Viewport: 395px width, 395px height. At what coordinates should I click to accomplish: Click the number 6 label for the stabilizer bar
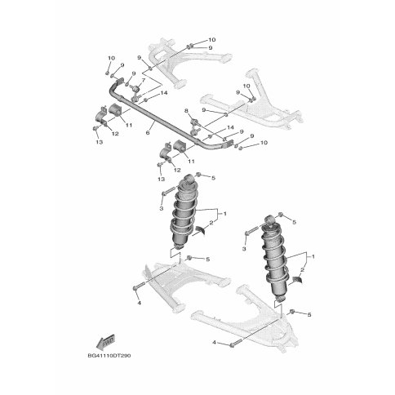(x=148, y=133)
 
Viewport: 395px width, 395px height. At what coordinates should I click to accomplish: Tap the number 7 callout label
(x=143, y=80)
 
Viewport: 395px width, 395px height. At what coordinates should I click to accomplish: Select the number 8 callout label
(x=186, y=111)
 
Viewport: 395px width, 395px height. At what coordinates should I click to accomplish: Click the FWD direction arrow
(x=105, y=341)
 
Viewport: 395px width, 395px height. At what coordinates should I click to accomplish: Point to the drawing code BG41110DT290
(x=109, y=356)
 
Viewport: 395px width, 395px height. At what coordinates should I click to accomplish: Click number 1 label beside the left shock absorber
(x=225, y=214)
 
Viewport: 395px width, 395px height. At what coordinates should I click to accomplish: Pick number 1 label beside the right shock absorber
(x=313, y=256)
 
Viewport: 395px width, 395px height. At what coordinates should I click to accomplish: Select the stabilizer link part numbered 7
(x=135, y=94)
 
